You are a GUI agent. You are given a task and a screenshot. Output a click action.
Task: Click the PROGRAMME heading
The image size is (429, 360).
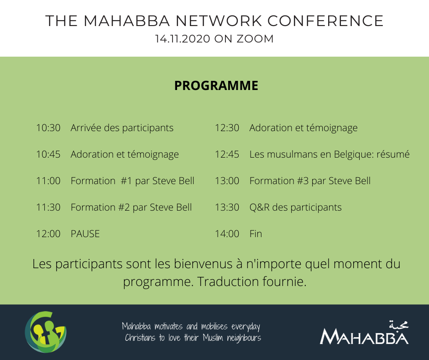point(216,85)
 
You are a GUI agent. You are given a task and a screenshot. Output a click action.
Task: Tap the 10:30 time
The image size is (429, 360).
point(48,127)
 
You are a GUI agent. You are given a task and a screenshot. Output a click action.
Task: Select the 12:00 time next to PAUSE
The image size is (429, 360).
point(48,234)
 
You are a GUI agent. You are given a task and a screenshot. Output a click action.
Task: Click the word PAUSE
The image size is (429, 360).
point(85,234)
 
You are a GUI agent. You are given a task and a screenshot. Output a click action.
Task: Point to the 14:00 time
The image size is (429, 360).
point(227,234)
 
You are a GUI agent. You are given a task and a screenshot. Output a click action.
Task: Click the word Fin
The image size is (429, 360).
point(256,234)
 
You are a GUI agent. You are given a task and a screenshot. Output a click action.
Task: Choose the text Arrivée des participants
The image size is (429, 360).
point(122,128)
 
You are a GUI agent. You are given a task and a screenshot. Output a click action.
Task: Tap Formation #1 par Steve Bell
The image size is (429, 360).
point(132,181)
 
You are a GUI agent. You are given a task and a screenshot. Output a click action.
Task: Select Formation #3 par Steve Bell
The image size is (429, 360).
point(310,181)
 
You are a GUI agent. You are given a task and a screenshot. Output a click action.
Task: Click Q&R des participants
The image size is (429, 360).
point(295,207)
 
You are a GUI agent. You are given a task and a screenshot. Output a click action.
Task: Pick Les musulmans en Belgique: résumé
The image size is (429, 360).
point(330,154)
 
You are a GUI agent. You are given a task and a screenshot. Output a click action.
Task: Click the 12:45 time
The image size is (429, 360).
point(227,154)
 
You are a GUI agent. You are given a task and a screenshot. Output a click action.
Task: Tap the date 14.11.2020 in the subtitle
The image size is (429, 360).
point(183,39)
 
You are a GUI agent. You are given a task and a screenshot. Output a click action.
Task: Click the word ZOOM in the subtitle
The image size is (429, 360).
point(255,39)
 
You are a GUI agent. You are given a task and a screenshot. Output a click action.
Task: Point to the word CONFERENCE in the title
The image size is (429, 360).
point(325,21)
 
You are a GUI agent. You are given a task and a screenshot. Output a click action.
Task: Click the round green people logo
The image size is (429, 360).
point(46,332)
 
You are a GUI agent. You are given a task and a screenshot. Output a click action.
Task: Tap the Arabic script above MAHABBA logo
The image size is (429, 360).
point(398,324)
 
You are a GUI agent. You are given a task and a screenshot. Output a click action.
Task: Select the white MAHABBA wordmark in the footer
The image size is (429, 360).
point(364,337)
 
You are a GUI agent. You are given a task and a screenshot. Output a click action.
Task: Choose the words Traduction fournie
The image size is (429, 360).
point(252,281)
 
